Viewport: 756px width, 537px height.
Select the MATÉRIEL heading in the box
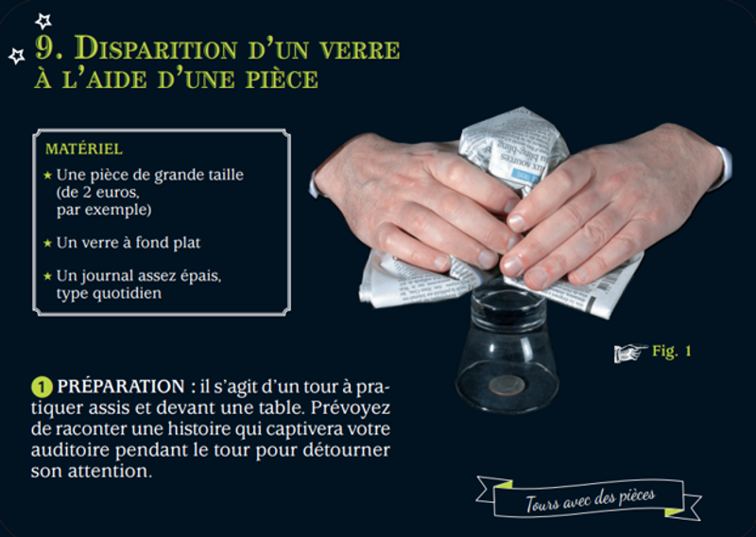point(84,149)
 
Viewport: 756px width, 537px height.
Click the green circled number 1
point(42,387)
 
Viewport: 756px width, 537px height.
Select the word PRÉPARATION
point(121,387)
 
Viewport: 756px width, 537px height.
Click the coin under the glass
point(507,385)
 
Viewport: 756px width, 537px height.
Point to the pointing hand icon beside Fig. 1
point(630,353)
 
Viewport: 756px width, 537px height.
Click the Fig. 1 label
point(672,351)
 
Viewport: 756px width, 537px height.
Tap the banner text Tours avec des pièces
point(590,499)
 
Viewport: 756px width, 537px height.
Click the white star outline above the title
point(43,21)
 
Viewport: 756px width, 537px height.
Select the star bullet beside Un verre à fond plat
point(47,243)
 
